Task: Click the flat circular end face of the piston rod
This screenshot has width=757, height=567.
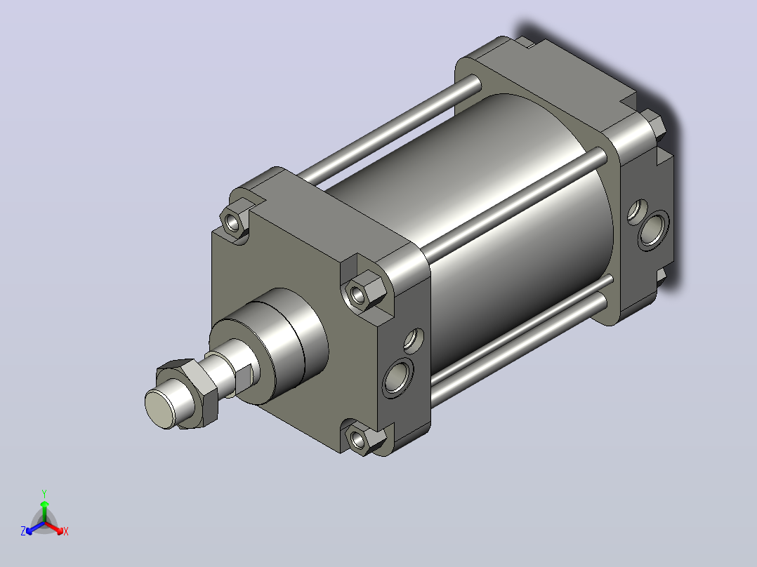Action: coord(160,409)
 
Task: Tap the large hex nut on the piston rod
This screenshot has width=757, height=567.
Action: coord(188,392)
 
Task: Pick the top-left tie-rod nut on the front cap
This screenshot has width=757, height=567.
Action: coord(235,220)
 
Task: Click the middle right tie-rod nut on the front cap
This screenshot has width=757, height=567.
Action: coord(364,291)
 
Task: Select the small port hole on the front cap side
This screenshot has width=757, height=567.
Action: coord(413,339)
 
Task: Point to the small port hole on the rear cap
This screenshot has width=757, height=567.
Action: coord(637,211)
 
